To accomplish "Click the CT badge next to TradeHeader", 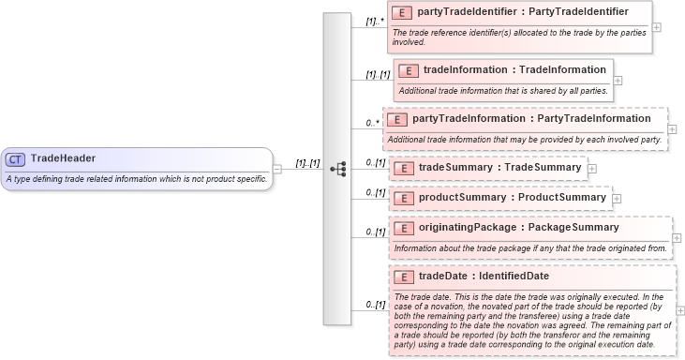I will tap(16, 158).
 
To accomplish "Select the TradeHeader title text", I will tap(63, 158).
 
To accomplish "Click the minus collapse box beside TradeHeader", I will tap(277, 169).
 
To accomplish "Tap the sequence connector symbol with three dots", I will tap(337, 169).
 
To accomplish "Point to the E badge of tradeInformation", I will tap(409, 69).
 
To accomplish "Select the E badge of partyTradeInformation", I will tap(397, 119).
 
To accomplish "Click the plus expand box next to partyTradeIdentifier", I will tap(657, 26).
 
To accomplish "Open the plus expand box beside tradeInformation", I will tap(618, 80).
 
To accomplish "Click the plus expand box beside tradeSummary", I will tap(592, 168).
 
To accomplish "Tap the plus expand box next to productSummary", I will tap(617, 198).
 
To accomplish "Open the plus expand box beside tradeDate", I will tap(680, 310).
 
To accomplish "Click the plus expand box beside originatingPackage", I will tap(677, 238).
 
